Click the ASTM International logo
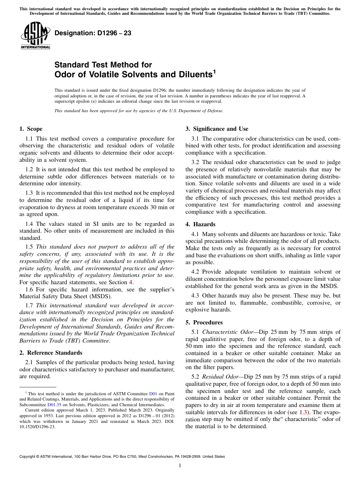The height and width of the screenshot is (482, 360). (x=35, y=36)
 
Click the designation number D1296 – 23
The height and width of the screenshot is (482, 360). (x=93, y=33)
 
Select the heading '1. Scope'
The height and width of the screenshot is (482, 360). (x=31, y=129)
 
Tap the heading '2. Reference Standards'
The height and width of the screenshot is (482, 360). (x=51, y=352)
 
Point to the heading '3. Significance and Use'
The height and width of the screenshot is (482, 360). (x=217, y=129)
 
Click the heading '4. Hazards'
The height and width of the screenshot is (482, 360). (x=200, y=224)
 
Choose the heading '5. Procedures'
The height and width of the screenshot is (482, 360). (x=204, y=322)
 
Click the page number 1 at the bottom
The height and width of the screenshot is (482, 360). (x=180, y=466)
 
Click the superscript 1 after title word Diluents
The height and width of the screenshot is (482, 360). (x=214, y=71)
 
